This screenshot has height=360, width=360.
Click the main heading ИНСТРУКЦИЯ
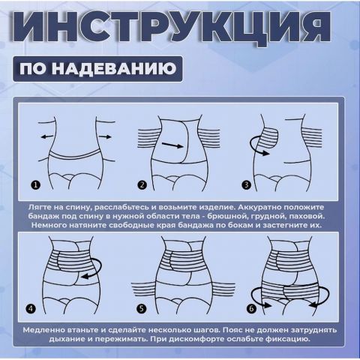tap(179, 34)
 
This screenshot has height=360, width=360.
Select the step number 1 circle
tap(35, 184)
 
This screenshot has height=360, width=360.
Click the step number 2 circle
tap(142, 184)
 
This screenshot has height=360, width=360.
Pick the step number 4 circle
tap(31, 308)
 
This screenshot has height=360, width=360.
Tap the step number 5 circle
tap(141, 308)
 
